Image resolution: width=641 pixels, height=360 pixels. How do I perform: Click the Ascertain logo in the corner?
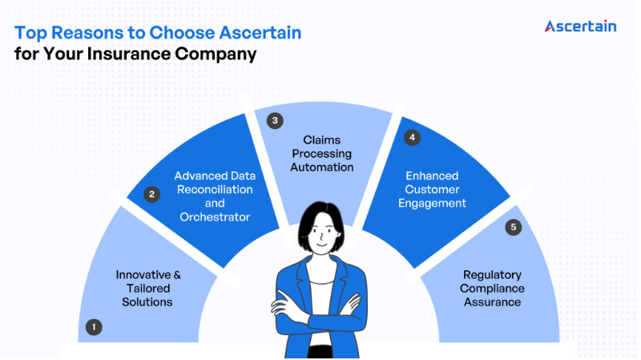[580, 26]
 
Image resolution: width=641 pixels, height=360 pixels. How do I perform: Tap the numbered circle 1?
[94, 327]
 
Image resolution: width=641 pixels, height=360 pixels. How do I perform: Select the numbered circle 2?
[151, 194]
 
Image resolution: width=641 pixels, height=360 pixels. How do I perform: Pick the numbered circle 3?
[275, 121]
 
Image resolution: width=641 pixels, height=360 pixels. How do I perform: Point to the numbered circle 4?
[412, 137]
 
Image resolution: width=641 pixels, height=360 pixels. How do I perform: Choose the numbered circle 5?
[513, 227]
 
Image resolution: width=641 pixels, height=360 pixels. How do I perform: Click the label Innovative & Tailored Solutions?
[148, 288]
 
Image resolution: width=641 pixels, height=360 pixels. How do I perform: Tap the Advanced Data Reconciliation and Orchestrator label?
[215, 196]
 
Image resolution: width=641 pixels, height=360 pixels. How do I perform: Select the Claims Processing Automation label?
[322, 153]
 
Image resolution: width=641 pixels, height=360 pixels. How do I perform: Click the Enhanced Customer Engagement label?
[432, 189]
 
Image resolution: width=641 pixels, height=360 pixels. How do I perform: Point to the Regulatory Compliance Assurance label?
[492, 288]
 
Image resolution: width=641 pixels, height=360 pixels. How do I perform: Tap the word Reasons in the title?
[87, 33]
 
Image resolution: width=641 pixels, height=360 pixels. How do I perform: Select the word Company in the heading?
[216, 55]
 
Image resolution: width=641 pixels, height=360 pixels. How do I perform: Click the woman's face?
[323, 233]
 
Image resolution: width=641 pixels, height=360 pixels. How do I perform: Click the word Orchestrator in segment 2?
[215, 216]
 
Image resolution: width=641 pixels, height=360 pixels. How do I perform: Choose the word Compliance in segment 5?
[492, 289]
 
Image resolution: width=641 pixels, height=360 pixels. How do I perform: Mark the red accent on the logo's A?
[549, 30]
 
